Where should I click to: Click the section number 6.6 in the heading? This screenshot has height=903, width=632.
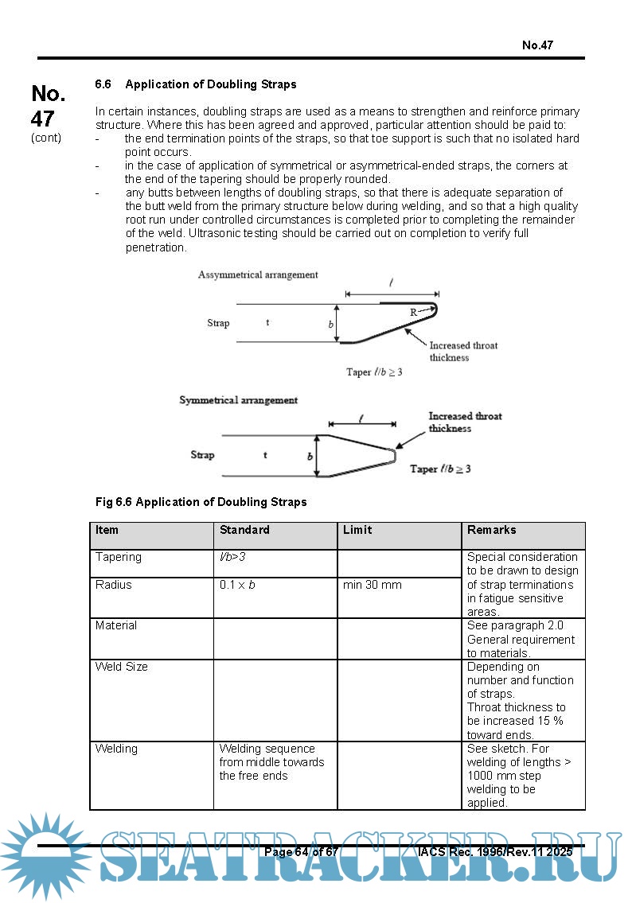(103, 84)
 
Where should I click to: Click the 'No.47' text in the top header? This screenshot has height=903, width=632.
(537, 45)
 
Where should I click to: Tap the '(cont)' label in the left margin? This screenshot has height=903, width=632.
(46, 138)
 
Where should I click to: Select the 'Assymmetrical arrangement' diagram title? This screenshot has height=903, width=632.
(258, 274)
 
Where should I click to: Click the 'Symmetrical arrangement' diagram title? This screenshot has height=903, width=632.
(238, 400)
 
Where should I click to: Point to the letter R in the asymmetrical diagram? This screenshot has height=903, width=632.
(414, 313)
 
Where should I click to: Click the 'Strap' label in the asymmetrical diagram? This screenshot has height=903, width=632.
(218, 323)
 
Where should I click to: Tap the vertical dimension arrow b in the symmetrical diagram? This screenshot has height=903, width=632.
(318, 456)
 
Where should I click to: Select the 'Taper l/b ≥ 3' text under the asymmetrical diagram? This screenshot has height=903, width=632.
(374, 372)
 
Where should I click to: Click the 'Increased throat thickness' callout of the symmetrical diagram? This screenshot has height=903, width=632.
(465, 422)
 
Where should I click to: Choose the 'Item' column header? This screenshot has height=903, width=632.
(107, 530)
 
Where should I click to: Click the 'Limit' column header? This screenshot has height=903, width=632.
(357, 530)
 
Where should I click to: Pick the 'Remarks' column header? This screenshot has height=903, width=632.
(491, 530)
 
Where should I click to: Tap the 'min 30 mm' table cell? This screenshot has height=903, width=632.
(372, 585)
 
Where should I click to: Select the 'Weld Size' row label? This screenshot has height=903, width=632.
(121, 667)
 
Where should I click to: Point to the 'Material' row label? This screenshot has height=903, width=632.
(116, 625)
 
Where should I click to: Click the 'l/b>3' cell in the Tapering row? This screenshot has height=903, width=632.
(232, 557)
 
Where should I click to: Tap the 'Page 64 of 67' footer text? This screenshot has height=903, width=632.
(302, 852)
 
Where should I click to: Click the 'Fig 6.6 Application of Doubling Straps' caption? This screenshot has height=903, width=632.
(201, 502)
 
